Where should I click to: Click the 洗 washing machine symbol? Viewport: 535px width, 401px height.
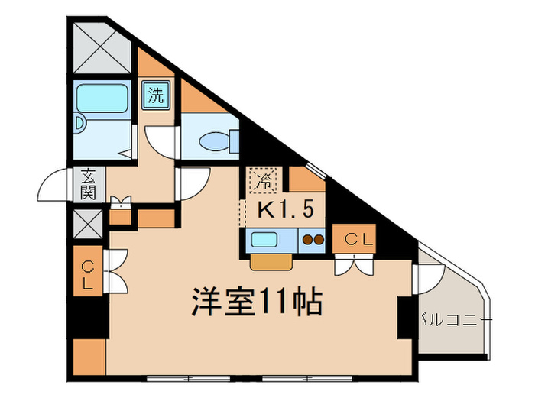[x=156, y=96]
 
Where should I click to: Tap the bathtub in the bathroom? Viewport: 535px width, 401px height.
[x=104, y=99]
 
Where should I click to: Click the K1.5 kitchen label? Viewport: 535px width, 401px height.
[x=280, y=209]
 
